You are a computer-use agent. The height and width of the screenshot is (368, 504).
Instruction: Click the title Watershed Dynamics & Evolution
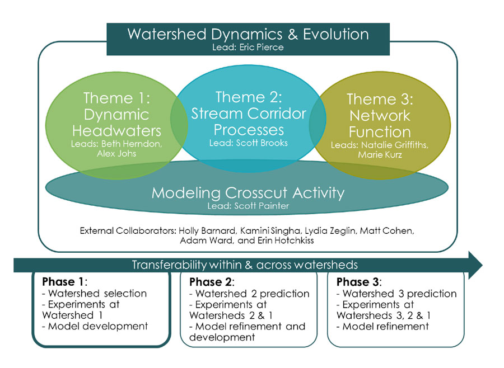[x=248, y=34]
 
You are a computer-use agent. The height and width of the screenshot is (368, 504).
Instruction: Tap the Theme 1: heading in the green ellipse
[x=116, y=98]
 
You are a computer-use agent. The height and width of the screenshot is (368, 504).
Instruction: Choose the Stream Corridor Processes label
[x=249, y=122]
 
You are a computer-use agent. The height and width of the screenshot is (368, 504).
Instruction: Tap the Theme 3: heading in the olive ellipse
[x=380, y=100]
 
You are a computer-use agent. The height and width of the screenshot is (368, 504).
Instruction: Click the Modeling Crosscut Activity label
[x=248, y=194]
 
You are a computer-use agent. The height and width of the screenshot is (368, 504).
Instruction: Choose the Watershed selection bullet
[x=94, y=294]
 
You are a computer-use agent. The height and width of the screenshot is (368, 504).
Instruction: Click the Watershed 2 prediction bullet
[x=250, y=294]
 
